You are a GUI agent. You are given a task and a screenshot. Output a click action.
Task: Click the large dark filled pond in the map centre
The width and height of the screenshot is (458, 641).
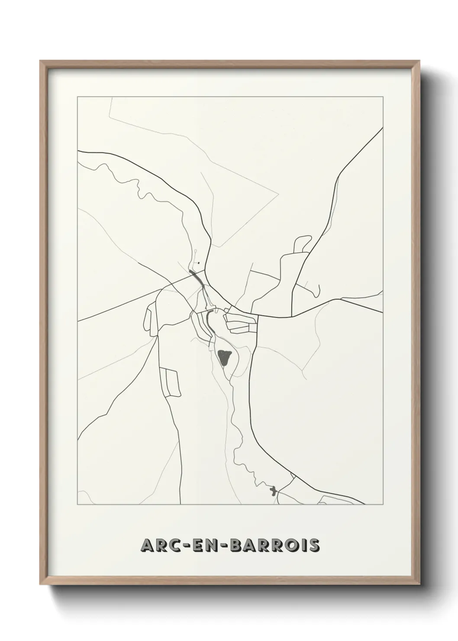(x=225, y=358)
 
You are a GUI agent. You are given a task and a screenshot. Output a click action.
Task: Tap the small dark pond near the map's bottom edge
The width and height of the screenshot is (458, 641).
(x=273, y=492)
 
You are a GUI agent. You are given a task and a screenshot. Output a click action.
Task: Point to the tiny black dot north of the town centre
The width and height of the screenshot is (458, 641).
(x=198, y=262)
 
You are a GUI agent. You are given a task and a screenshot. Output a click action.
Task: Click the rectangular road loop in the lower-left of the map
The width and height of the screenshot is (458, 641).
(x=169, y=382)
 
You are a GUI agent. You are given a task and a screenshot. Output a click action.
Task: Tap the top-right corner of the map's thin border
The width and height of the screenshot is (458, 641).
(x=382, y=96)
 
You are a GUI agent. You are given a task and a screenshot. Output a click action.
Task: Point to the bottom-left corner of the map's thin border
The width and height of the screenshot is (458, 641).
(x=77, y=505)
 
